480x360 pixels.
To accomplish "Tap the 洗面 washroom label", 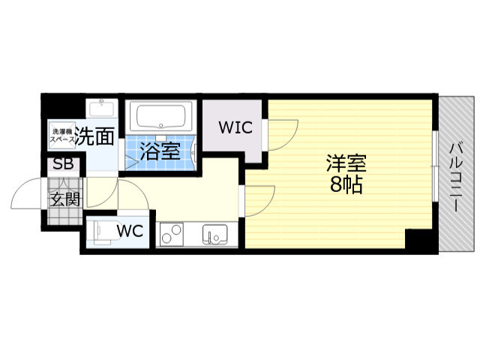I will point(97,136).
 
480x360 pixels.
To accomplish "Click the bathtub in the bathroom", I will point(163,118).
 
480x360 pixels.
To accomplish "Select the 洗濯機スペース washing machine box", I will point(62,133).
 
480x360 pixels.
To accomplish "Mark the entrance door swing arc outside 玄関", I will point(26,193).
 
